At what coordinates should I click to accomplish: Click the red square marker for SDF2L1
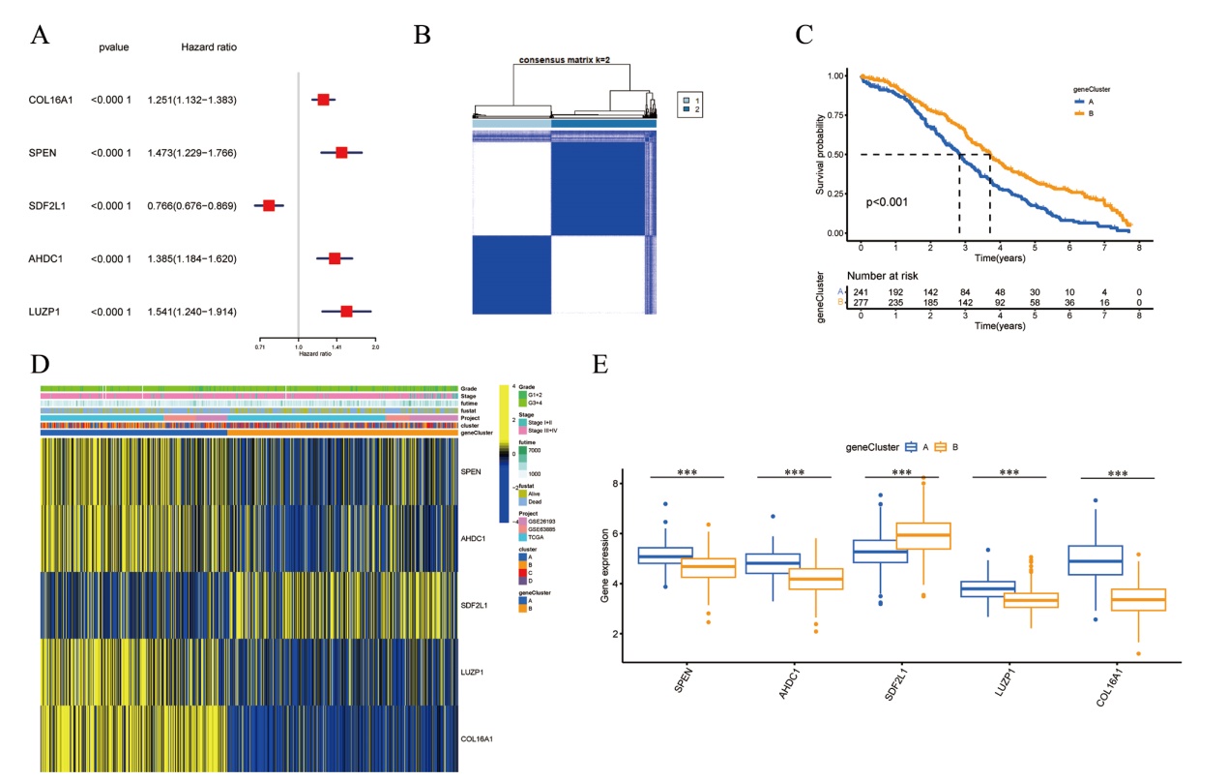[x=269, y=205]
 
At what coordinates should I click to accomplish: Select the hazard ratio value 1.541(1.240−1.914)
[x=192, y=312]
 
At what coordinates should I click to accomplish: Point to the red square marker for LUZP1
[x=346, y=312]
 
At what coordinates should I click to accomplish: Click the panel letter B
[x=422, y=36]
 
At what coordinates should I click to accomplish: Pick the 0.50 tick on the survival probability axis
[x=831, y=154]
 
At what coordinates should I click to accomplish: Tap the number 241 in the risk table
[x=861, y=291]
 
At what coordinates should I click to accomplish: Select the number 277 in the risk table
[x=861, y=303]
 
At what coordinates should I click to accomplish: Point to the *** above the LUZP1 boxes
[x=1009, y=473]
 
